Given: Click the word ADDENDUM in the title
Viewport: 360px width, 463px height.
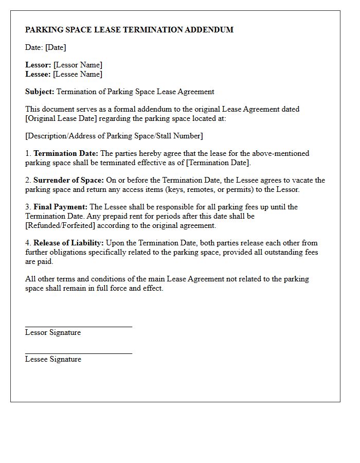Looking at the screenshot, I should (210, 30).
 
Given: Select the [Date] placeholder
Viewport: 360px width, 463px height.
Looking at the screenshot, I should (56, 47).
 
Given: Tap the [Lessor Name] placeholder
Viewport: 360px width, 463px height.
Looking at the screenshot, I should (78, 65).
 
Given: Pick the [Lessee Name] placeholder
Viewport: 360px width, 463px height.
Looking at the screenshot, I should (78, 74).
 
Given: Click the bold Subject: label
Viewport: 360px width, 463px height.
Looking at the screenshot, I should (40, 92).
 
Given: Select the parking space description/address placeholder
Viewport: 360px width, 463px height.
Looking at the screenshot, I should (114, 136).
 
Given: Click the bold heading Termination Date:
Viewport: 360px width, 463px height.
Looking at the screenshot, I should (66, 153).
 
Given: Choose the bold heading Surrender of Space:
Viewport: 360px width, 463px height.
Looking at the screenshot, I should (68, 180).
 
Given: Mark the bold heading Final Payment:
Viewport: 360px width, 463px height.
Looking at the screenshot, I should (61, 207).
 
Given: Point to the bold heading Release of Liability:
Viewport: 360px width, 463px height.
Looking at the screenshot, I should (69, 243).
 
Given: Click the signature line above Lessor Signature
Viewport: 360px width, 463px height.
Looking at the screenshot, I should (79, 326).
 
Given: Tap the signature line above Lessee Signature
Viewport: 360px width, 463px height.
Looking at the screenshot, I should (79, 353).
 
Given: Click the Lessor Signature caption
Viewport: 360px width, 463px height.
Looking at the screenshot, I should (53, 332).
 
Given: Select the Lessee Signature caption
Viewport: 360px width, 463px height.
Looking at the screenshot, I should (53, 359).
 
